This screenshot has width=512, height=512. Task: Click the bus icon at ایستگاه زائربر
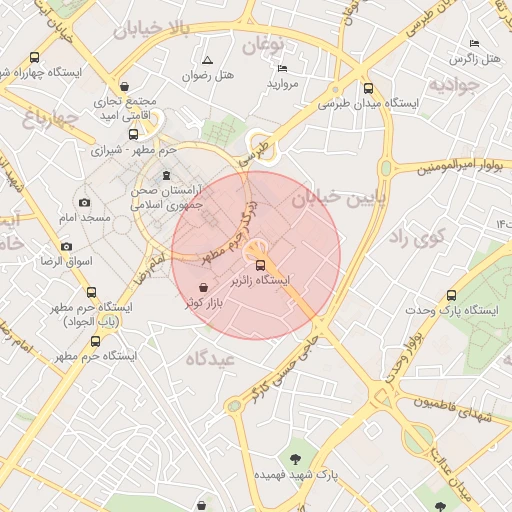pyautogui.click(x=261, y=266)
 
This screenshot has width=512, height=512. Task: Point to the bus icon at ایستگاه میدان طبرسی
pyautogui.click(x=369, y=88)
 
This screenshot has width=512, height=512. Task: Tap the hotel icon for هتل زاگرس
pyautogui.click(x=474, y=44)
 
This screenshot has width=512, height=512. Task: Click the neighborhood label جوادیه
pyautogui.click(x=455, y=85)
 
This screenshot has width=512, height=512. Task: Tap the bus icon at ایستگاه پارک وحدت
pyautogui.click(x=451, y=296)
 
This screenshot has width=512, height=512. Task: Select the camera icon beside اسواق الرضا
pyautogui.click(x=67, y=246)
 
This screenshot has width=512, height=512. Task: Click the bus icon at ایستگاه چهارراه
pyautogui.click(x=36, y=58)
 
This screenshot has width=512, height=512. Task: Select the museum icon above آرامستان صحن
pyautogui.click(x=166, y=176)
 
